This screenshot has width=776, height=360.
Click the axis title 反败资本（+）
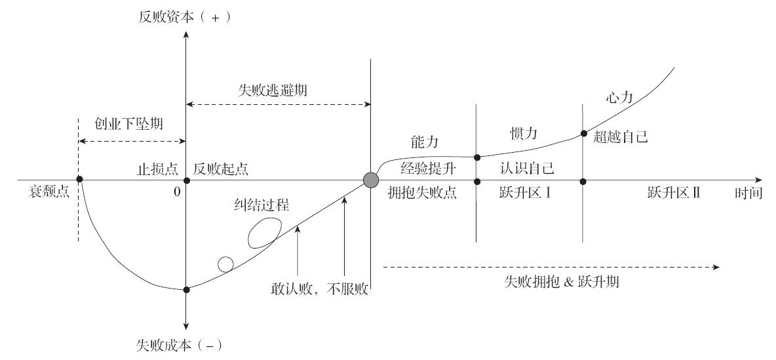click(x=185, y=17)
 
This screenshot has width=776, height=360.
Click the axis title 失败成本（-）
click(x=179, y=345)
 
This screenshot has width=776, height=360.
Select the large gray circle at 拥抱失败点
click(x=371, y=180)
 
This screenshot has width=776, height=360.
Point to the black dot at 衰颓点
click(x=79, y=179)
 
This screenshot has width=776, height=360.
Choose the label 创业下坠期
click(x=128, y=124)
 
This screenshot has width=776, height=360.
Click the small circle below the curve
click(x=225, y=265)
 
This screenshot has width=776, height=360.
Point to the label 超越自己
click(x=620, y=137)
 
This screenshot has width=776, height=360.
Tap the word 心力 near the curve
click(x=619, y=98)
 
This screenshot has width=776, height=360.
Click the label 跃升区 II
click(x=674, y=193)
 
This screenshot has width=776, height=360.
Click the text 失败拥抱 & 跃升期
click(x=561, y=282)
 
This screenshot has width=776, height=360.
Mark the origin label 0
click(x=177, y=192)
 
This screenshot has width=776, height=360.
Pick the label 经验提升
click(x=428, y=169)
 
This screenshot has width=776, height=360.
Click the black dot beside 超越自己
click(x=583, y=133)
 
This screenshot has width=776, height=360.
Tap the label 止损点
click(x=157, y=169)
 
